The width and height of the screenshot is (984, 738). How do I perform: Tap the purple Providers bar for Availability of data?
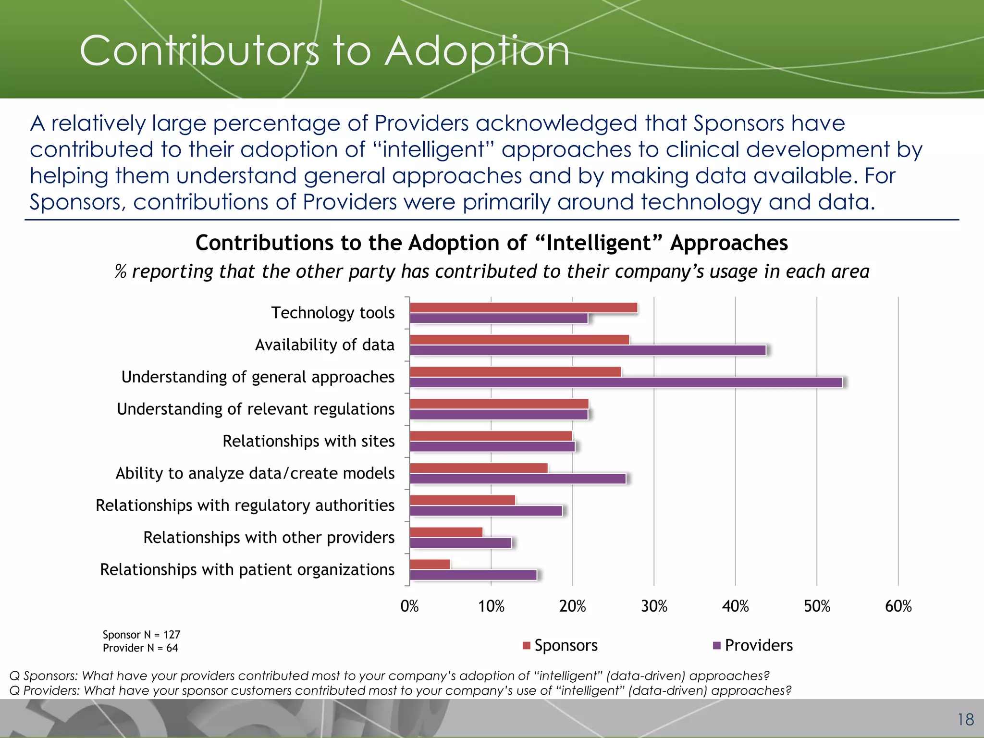(587, 350)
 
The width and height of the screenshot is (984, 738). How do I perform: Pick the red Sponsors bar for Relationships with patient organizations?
(430, 565)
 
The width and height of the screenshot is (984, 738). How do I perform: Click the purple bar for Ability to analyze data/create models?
(517, 479)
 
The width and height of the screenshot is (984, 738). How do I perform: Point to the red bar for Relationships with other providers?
(446, 532)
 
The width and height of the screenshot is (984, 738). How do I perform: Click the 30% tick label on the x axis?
(654, 606)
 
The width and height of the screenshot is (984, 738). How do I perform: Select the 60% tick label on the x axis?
(898, 606)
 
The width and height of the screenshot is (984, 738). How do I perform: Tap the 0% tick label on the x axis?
(409, 606)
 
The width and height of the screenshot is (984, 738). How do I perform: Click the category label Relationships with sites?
(308, 441)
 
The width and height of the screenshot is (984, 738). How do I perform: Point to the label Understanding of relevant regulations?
(256, 409)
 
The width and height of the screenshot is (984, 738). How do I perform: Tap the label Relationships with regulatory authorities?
(245, 505)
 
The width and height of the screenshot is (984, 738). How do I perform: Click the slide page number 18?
(965, 720)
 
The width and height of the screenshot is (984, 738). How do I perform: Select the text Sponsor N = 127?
(141, 635)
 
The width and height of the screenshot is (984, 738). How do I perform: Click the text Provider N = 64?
(140, 648)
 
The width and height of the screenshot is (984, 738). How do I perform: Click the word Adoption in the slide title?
(477, 51)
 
